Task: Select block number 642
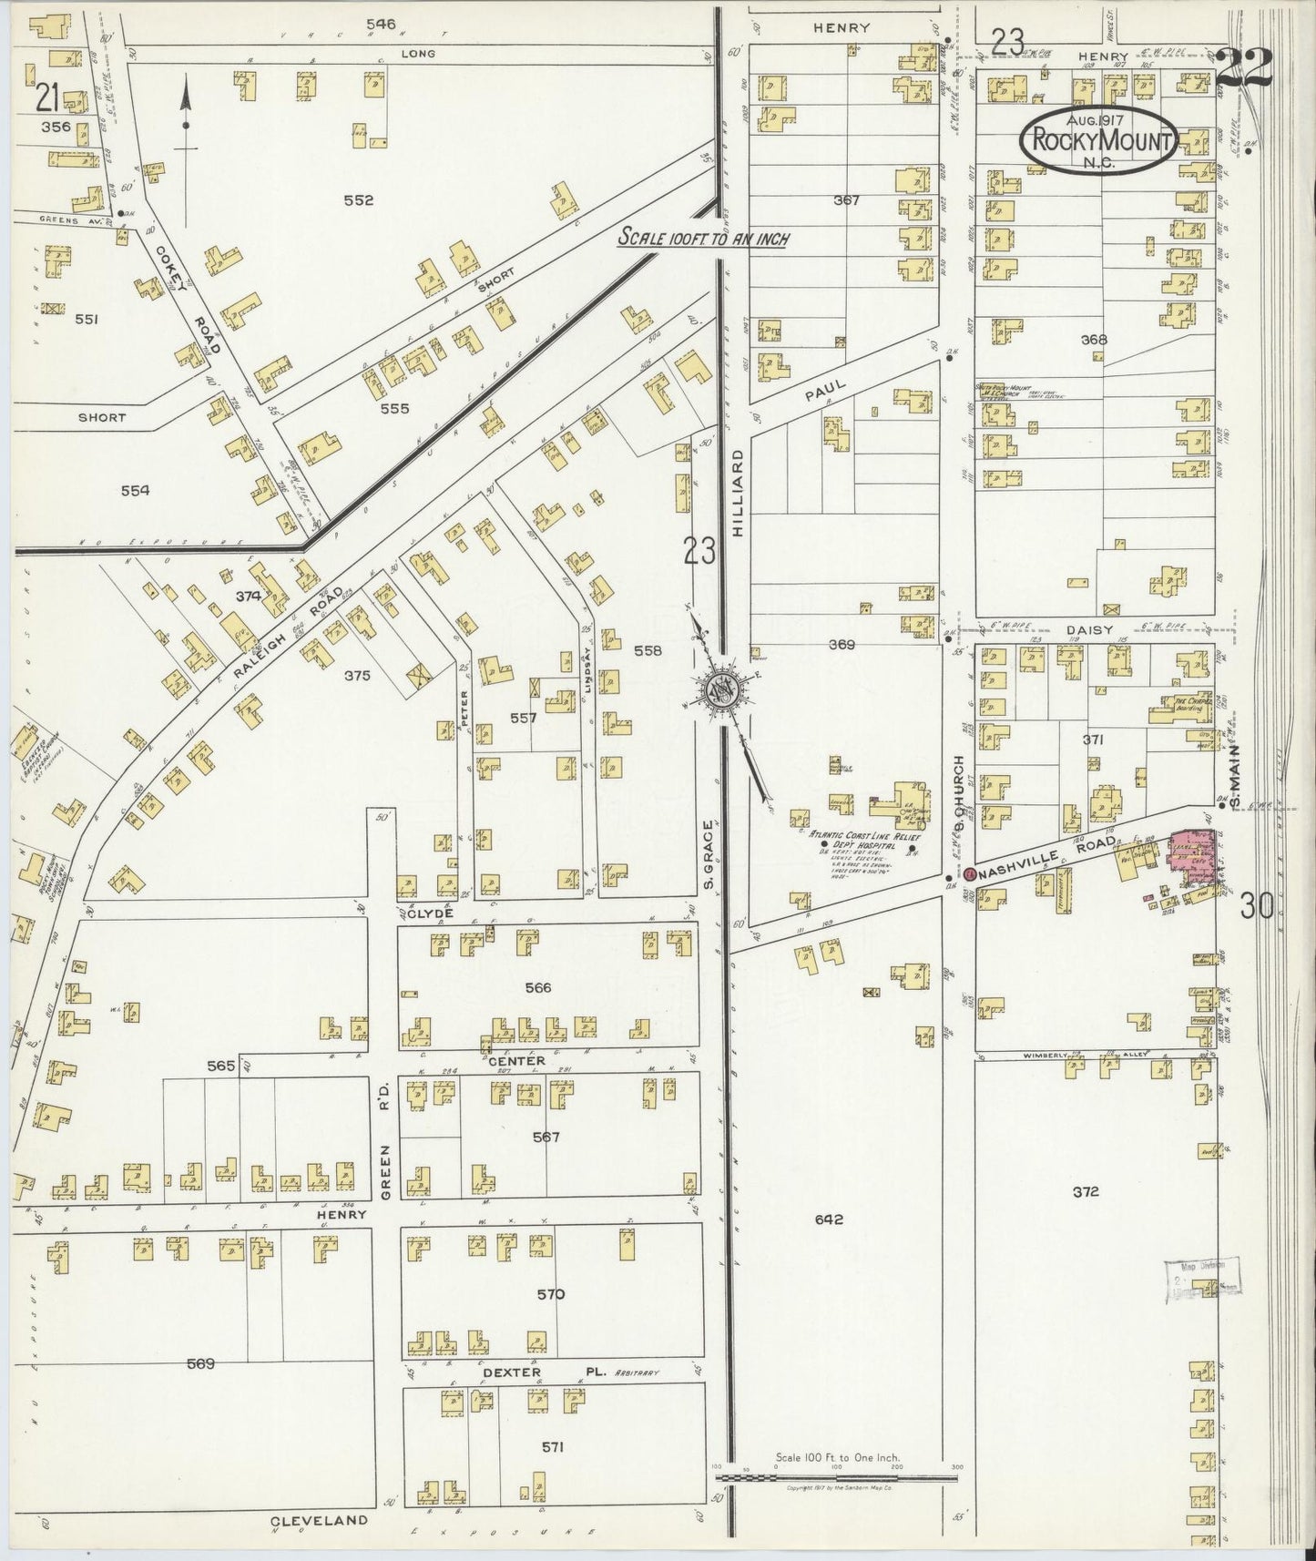[829, 1219]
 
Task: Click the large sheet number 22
[1244, 68]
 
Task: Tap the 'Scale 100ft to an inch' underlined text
[703, 238]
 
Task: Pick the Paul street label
[826, 391]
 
